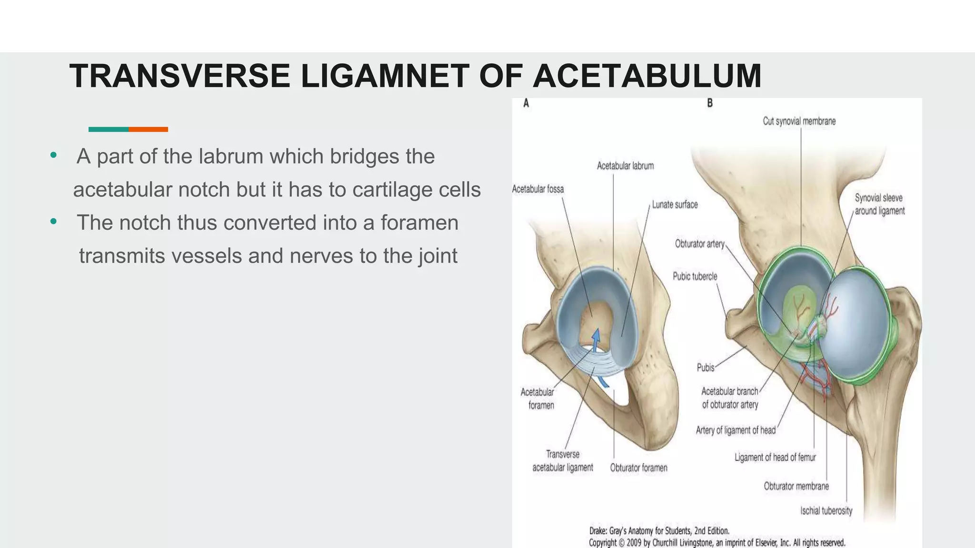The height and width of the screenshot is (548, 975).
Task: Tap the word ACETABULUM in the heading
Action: pos(647,76)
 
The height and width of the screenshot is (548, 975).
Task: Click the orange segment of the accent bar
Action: pos(148,129)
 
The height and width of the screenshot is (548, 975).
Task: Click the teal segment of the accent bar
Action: pos(109,129)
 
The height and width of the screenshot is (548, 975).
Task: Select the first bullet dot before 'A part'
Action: pos(53,156)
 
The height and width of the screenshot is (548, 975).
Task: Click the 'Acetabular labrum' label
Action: pos(625,166)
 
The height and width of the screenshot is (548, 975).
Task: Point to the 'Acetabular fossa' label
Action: pos(537,189)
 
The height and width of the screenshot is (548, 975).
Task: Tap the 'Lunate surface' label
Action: pos(675,205)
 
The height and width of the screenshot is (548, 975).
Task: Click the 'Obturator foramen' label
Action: pos(638,468)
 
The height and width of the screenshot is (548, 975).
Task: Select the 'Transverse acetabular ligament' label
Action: pos(563,461)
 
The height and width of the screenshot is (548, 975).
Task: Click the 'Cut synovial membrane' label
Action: pos(799,121)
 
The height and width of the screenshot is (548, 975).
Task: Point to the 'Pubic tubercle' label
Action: pos(695,276)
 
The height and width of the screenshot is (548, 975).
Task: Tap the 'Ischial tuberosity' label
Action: pos(826,511)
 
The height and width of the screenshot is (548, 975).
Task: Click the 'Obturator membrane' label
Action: pos(796,486)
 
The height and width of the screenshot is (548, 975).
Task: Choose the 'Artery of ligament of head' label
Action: pos(736,431)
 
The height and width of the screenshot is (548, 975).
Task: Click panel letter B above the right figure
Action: pos(710,103)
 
